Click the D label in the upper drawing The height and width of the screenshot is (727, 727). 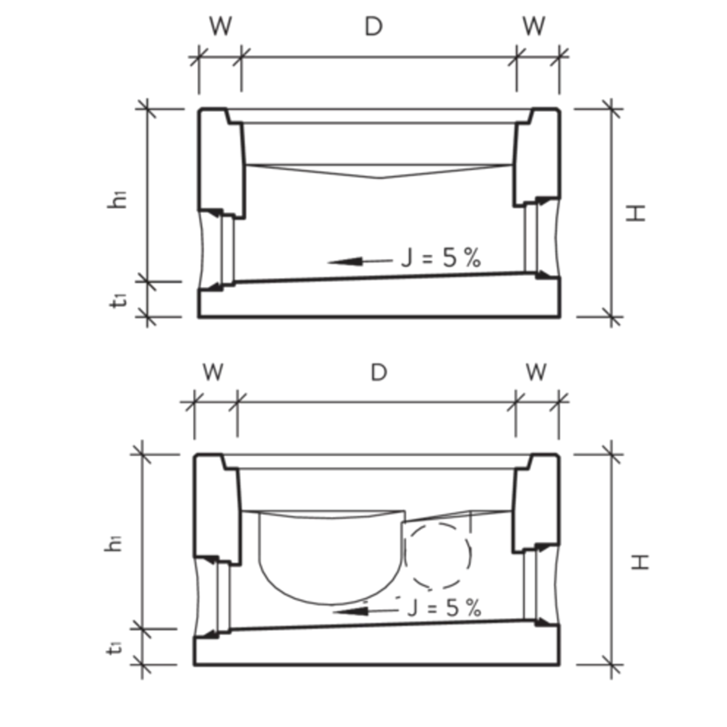pos(373,27)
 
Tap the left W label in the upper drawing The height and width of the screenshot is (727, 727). pos(220,27)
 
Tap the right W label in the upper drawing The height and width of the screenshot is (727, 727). pos(534,27)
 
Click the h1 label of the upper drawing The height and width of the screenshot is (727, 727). pos(117,200)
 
